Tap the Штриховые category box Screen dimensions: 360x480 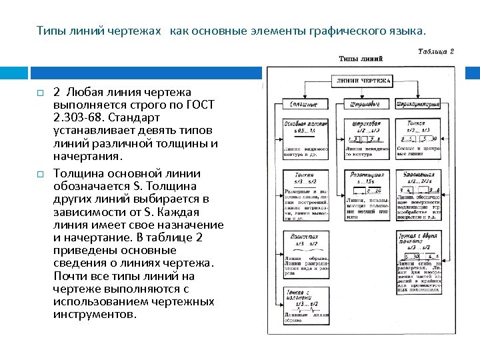(x=365, y=104)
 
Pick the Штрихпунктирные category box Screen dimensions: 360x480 (x=417, y=104)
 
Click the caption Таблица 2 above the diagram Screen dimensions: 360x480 (x=436, y=51)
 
